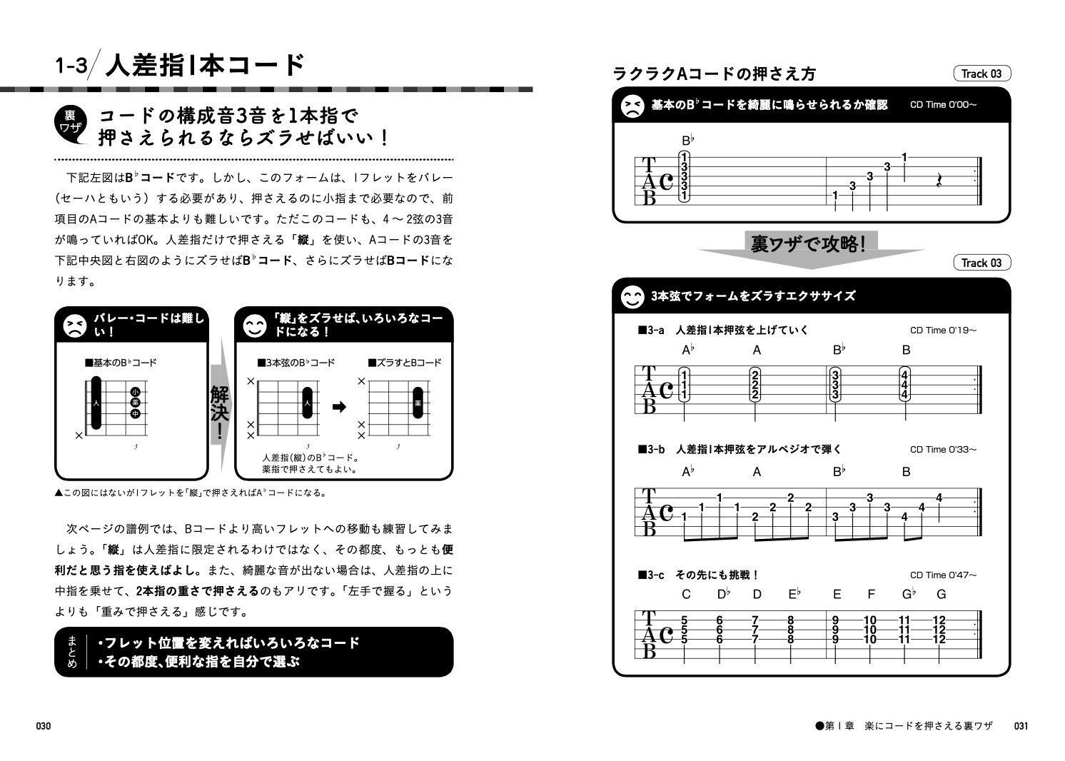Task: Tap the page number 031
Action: [x=1021, y=726]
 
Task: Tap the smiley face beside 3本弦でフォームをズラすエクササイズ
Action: [x=631, y=296]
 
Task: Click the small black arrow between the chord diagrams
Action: [x=340, y=407]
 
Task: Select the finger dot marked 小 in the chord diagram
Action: [x=135, y=392]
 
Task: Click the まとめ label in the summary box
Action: [x=69, y=652]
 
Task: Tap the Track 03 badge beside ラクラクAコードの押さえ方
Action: [x=981, y=74]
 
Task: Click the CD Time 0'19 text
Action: [x=943, y=330]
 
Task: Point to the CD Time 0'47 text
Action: [x=943, y=575]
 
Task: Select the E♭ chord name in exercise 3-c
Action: [x=793, y=594]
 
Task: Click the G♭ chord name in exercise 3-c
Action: [x=908, y=594]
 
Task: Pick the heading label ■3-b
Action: [x=651, y=449]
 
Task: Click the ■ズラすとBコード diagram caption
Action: [x=404, y=363]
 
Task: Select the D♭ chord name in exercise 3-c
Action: [x=723, y=594]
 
